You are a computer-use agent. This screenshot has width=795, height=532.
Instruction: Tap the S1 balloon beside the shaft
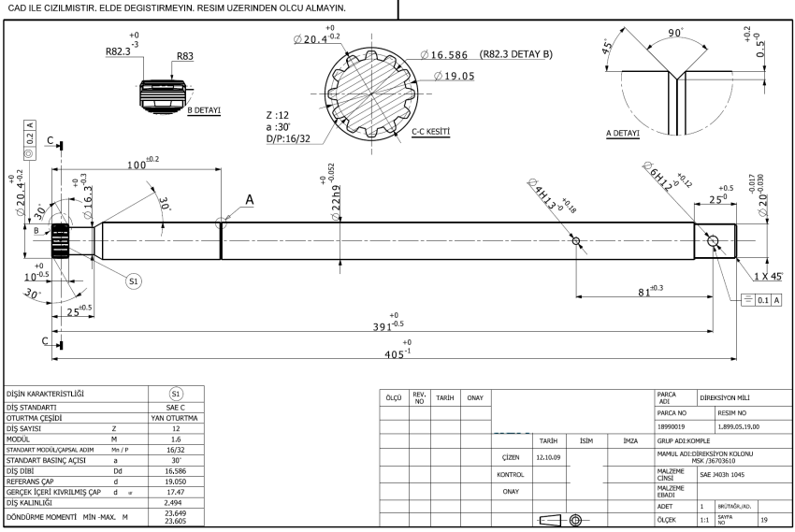click(135, 279)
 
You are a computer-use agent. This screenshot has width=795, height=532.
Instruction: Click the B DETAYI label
click(203, 110)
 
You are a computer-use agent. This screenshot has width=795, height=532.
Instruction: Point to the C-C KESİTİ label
click(430, 133)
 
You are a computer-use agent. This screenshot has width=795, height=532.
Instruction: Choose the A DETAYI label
click(623, 133)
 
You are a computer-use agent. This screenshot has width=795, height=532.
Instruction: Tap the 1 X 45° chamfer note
click(769, 277)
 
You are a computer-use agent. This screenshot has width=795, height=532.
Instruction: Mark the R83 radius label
click(186, 56)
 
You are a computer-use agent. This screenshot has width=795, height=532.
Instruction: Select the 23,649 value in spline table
click(175, 511)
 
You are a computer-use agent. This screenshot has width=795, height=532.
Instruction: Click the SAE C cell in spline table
click(175, 407)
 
